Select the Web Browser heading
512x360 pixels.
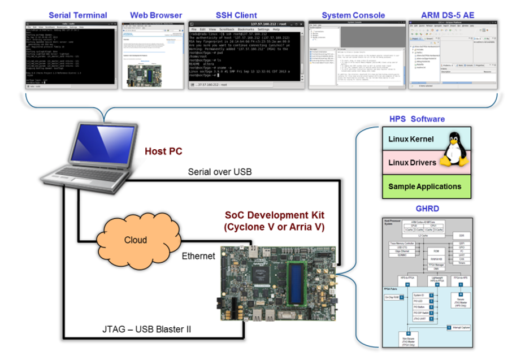point(156,15)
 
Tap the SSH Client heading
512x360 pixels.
point(236,15)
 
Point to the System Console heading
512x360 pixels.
point(353,15)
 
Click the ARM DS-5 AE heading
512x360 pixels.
point(450,15)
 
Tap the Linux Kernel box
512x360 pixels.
point(411,139)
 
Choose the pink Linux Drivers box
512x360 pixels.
point(412,163)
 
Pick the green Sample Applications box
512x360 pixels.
point(424,186)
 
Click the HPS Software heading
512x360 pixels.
point(416,119)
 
